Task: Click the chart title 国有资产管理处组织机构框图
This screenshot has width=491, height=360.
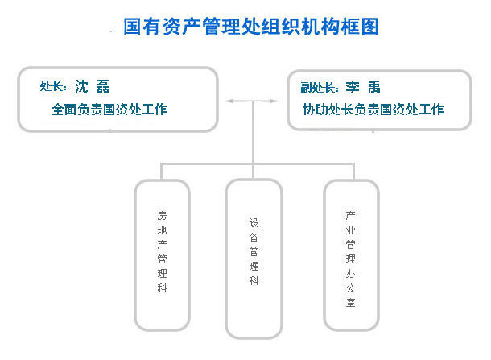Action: [251, 27]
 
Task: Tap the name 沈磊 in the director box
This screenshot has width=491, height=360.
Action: [93, 86]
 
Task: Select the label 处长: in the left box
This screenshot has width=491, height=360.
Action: [53, 86]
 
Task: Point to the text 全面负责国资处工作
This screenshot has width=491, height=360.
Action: [109, 110]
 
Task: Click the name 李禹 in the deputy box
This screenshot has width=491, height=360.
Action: [363, 87]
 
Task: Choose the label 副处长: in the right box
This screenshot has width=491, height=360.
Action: [320, 88]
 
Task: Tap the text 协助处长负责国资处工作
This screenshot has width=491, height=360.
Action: [373, 110]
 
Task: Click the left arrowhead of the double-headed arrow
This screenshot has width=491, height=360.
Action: [229, 101]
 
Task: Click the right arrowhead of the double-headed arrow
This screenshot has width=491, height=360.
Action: [274, 101]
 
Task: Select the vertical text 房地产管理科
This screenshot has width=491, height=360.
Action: [163, 251]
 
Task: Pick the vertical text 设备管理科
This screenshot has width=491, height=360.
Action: [254, 251]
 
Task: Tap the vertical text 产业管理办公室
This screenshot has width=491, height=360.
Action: [350, 259]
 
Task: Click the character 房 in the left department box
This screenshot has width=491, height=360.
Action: [163, 216]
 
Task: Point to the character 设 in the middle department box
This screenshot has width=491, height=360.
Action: [254, 223]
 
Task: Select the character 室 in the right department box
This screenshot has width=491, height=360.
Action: [350, 302]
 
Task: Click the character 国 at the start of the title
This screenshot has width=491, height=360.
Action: [133, 27]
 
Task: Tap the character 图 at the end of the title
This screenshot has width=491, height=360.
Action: [369, 27]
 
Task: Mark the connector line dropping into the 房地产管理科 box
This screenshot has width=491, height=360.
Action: [161, 172]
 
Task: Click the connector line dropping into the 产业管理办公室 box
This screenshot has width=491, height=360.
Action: [354, 172]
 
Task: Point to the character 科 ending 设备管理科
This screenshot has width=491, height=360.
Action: [254, 280]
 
